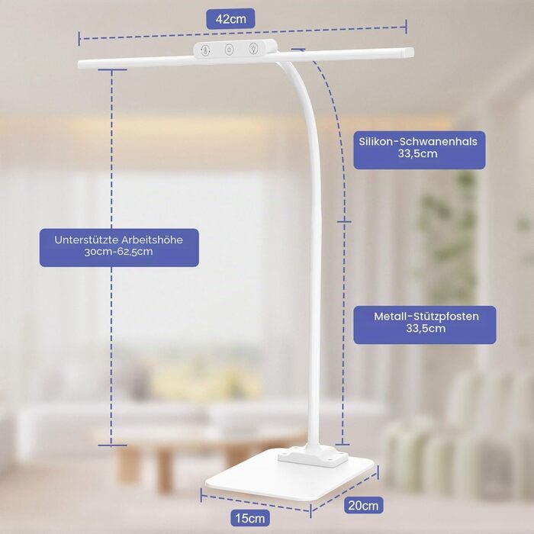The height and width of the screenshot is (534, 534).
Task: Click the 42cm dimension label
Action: (230, 19)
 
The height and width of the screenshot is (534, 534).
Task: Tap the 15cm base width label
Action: (250, 518)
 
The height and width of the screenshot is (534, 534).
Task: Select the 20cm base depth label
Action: (363, 505)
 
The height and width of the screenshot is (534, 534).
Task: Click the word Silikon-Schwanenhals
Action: (418, 141)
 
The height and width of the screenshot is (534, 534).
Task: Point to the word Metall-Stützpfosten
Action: (426, 317)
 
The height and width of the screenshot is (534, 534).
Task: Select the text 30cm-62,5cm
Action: (118, 252)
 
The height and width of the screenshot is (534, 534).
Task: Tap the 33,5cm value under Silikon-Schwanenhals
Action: (417, 153)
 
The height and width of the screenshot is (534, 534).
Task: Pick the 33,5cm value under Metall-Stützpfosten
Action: (426, 329)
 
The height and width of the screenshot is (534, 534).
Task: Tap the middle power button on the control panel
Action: (229, 50)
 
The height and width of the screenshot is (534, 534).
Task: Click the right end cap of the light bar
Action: (409, 53)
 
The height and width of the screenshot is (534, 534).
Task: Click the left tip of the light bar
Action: (79, 64)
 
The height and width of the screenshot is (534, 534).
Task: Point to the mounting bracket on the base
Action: (313, 458)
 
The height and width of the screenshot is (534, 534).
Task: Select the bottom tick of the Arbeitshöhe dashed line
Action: (112, 445)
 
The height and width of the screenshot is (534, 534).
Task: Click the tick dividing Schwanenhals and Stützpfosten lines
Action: (344, 222)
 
